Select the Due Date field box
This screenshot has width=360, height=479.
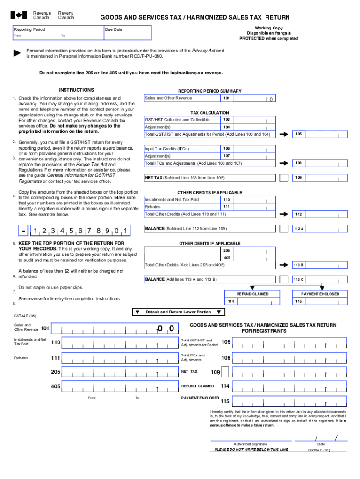point(128,33)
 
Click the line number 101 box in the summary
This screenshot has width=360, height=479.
point(226,98)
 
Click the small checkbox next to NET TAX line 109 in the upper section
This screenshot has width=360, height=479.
point(283,178)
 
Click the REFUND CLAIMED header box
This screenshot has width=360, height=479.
point(252,294)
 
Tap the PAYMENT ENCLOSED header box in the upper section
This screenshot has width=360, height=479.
point(320,294)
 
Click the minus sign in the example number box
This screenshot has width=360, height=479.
point(23,230)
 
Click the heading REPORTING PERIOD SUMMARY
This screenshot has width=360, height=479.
point(209,91)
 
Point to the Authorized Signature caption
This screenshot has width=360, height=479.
point(250,444)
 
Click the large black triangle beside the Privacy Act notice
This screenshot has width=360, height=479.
point(17,53)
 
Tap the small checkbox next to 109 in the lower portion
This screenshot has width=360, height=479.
point(225,372)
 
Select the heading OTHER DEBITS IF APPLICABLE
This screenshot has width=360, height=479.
point(209,243)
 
